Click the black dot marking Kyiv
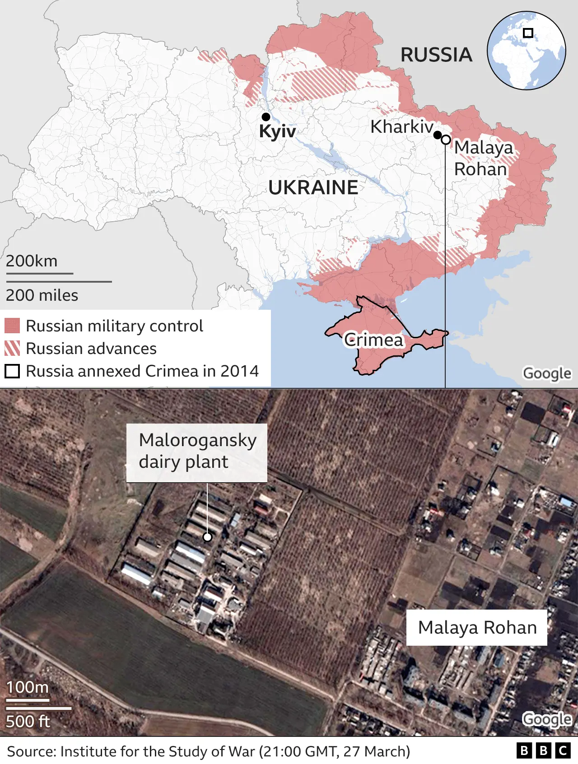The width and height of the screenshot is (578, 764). tap(266, 117)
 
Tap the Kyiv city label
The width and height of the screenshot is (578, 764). tap(277, 131)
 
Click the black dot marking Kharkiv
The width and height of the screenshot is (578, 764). tap(437, 135)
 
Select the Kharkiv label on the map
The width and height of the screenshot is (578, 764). tap(401, 127)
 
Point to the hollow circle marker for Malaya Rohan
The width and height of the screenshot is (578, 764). tap(446, 140)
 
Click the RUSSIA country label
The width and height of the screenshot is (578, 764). tap(436, 55)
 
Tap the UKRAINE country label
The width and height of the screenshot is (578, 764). tap(313, 187)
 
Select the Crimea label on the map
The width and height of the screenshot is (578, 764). tap(373, 340)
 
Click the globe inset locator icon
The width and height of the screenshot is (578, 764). tap(526, 51)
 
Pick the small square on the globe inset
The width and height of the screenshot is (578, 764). tap(528, 33)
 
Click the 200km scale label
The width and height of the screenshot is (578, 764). tap(32, 261)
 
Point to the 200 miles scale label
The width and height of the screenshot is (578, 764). tap(42, 295)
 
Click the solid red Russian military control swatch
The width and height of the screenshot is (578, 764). tap(12, 326)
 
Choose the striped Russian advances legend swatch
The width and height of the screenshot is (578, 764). tap(12, 348)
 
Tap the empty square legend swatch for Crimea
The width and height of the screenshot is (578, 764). tap(12, 371)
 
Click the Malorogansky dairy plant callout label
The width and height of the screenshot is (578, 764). tap(197, 452)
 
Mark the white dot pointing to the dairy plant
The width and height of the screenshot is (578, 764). tap(207, 537)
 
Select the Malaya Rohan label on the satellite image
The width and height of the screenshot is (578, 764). tap(477, 628)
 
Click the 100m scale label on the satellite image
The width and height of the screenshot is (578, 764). tap(27, 687)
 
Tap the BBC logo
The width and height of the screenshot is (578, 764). tap(543, 750)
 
